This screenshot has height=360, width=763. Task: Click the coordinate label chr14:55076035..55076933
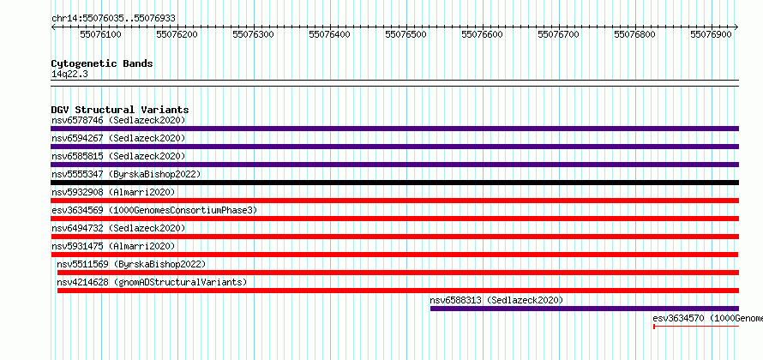pos(113,19)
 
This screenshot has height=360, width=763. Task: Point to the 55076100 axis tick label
pos(100,34)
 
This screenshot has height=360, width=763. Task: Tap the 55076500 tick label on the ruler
pos(406,34)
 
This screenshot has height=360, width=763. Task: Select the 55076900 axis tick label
pos(711,34)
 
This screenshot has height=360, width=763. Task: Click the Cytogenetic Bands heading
pos(102,63)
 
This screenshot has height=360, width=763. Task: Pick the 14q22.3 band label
pos(69,75)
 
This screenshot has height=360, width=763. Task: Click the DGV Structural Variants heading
pos(120,110)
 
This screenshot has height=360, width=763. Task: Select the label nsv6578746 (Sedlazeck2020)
pos(118,120)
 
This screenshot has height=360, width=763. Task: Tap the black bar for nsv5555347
pos(394,183)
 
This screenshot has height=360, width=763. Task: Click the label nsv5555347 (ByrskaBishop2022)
pos(126,174)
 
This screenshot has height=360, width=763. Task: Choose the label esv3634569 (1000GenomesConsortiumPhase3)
pos(154,210)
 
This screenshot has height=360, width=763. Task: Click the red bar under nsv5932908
pos(394,201)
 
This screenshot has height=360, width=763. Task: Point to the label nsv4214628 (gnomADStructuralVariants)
pos(152,282)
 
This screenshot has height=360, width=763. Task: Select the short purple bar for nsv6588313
pos(585,309)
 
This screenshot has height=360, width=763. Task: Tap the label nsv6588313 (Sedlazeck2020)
pos(496,300)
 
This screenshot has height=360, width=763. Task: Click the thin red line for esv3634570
pos(696,326)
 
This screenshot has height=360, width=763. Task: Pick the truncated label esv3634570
pos(707,318)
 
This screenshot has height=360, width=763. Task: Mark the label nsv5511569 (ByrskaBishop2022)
pos(131,264)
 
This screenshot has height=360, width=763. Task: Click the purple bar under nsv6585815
pos(394,165)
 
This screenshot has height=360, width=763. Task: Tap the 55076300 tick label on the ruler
pos(253,34)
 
